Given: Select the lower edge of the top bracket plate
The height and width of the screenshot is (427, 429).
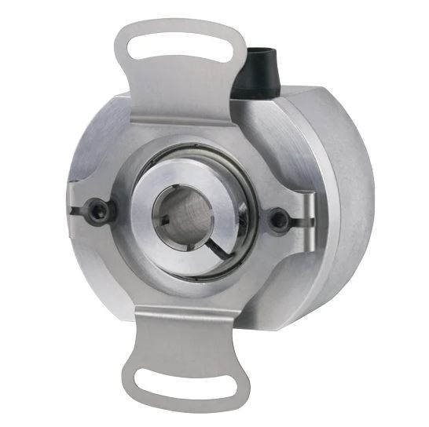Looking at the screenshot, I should coord(189,123).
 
